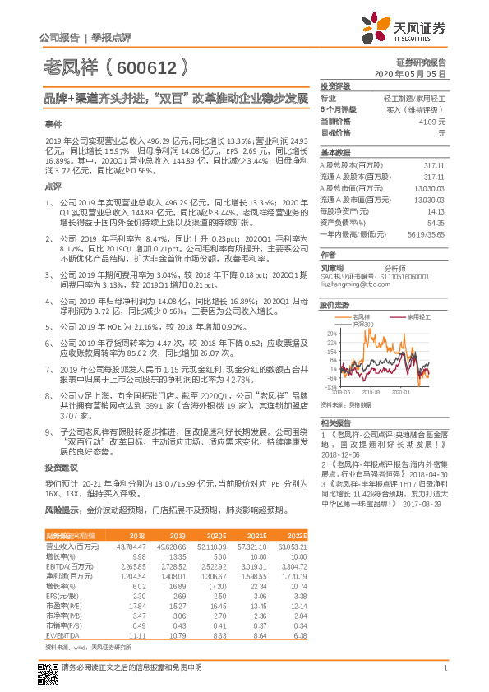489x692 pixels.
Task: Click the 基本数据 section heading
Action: coord(335,153)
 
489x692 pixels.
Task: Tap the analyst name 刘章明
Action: coord(331,267)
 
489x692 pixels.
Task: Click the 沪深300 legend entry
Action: coord(361,324)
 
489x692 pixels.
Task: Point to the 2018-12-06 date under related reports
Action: coord(339,453)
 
